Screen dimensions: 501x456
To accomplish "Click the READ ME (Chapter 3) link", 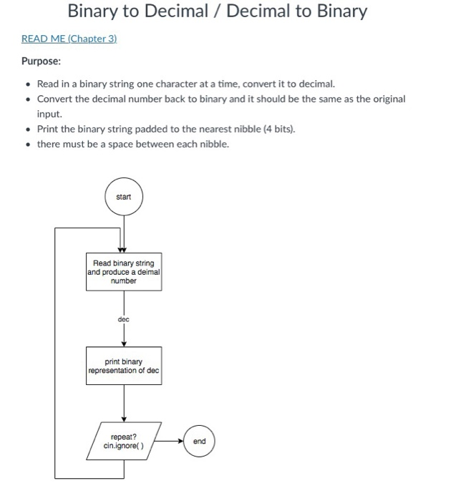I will click(x=69, y=39).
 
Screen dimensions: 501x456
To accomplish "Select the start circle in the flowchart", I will click(x=123, y=196).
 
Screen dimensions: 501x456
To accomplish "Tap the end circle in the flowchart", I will click(x=199, y=441).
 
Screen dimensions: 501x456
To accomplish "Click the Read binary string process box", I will click(x=124, y=271).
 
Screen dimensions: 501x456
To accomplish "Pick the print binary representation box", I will click(x=124, y=366).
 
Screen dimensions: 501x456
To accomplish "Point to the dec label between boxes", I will click(x=123, y=319).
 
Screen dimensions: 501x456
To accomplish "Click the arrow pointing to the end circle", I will click(x=172, y=441).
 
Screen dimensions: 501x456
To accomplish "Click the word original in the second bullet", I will click(x=386, y=99).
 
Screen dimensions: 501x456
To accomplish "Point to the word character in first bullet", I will click(x=169, y=83).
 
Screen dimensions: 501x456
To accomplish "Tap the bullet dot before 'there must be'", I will click(x=27, y=144).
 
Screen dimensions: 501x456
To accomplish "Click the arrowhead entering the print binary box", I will click(x=124, y=344).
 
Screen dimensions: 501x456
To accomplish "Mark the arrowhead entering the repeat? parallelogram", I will click(x=124, y=420).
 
